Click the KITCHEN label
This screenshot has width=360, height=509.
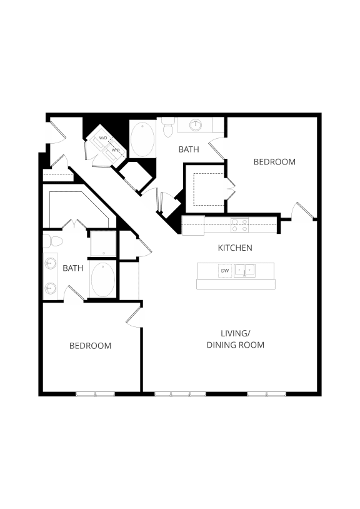(235, 248)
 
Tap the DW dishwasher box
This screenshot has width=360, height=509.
(224, 271)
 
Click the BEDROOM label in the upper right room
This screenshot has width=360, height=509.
(274, 162)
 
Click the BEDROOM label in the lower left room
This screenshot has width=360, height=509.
(90, 346)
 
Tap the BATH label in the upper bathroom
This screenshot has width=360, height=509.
(189, 149)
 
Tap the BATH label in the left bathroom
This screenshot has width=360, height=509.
(72, 268)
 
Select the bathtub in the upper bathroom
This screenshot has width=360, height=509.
(143, 139)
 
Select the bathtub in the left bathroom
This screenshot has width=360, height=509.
(102, 280)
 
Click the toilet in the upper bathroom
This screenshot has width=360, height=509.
(167, 129)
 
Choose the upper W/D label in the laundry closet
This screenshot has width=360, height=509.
(103, 138)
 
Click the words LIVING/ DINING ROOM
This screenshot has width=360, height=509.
(235, 340)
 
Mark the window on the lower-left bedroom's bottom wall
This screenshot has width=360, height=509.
(95, 394)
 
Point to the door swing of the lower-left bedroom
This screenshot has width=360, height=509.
(134, 316)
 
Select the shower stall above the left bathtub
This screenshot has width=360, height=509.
(102, 243)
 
